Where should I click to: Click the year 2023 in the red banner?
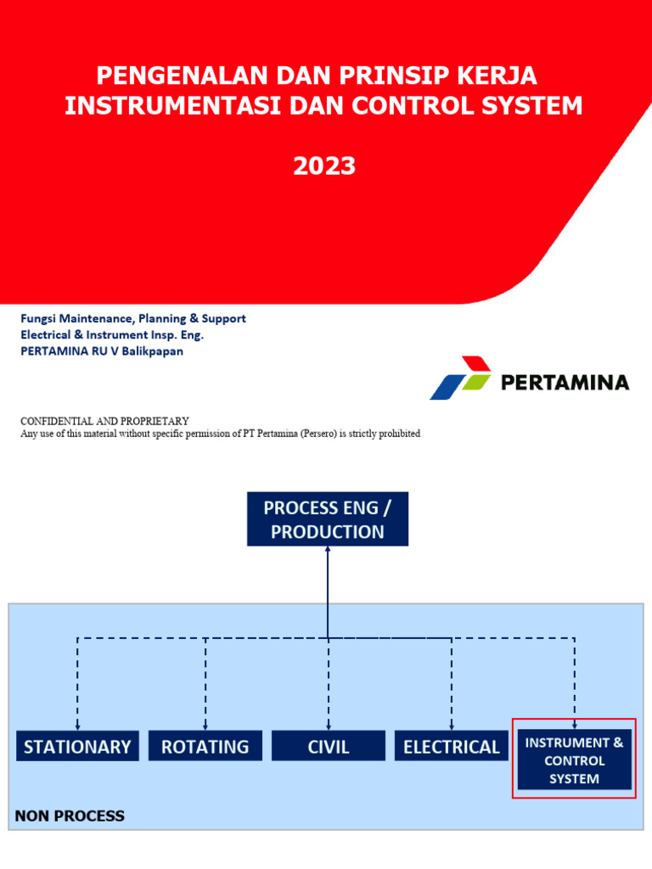coord(324,166)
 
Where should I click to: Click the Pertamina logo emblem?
coord(460,378)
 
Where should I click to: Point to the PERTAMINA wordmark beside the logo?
coord(565,382)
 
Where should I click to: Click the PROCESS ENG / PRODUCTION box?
coord(328,519)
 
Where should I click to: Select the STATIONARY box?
coord(77,747)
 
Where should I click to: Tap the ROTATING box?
coord(205,747)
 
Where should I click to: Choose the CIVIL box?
coord(329,747)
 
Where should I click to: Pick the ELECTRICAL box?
coord(452,747)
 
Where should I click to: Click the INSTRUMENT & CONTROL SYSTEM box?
coord(574,760)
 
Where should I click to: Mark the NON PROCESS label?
coord(70,816)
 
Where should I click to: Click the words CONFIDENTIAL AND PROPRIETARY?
coord(104,421)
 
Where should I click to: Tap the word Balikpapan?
coord(153,350)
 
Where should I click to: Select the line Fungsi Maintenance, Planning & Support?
coord(133,318)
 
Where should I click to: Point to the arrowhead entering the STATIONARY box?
coord(77,726)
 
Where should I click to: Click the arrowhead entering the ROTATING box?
coord(205,726)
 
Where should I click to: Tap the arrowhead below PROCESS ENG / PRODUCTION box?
coord(328,550)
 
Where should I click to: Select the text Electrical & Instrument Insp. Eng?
coord(112,334)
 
